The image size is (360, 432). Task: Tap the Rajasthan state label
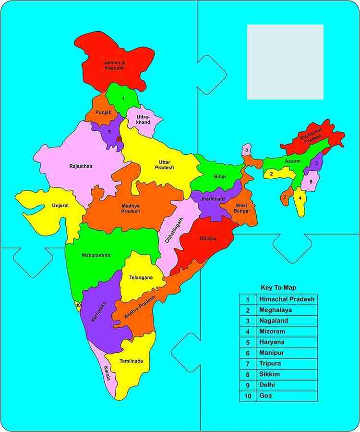[x=81, y=166]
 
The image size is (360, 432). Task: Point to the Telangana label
[x=141, y=278]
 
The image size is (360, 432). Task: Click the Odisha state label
[x=208, y=238]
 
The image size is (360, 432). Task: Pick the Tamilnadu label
[x=132, y=360]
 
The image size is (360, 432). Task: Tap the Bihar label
[x=220, y=177]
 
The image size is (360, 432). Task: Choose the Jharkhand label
[x=213, y=198]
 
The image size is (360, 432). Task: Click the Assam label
[x=292, y=160]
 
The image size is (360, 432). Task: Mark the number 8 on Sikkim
[x=247, y=150]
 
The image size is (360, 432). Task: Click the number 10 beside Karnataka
[x=78, y=305]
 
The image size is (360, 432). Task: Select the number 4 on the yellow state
[x=300, y=197]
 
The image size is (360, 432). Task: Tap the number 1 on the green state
[x=123, y=98]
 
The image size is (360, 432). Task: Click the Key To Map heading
[x=278, y=288]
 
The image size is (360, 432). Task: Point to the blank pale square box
[x=285, y=62]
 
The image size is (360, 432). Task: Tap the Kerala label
[x=107, y=373]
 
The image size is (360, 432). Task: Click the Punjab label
[x=103, y=112]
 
